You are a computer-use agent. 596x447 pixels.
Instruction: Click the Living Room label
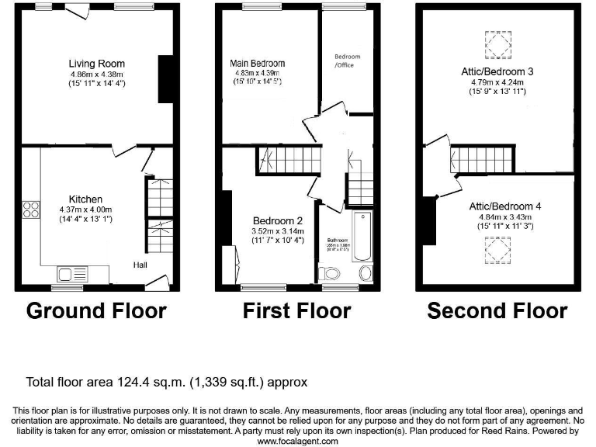[96, 64]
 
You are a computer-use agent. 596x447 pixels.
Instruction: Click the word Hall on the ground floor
[140, 265]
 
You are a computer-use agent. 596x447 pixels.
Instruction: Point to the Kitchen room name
[85, 199]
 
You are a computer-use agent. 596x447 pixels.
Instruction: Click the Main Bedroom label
[257, 63]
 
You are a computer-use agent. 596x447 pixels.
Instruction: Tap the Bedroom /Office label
[347, 61]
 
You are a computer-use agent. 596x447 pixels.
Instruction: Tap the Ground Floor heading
[96, 311]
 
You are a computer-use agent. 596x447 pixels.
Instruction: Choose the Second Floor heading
[497, 311]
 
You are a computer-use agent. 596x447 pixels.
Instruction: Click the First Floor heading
[296, 311]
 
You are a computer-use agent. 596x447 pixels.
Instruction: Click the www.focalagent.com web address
[298, 441]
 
